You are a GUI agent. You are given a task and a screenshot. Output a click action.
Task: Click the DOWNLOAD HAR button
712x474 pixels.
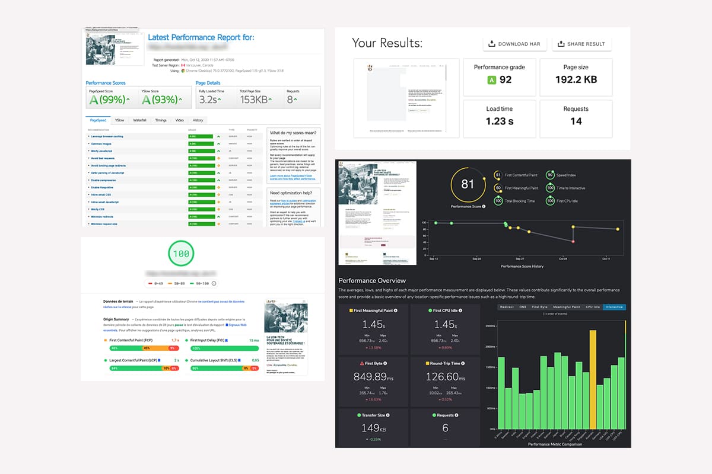pos(514,44)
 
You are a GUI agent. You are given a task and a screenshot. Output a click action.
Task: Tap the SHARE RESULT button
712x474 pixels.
pos(581,44)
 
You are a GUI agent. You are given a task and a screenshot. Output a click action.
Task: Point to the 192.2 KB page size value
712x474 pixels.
pos(576,79)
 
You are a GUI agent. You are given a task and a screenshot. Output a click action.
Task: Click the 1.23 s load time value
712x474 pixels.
pos(499,121)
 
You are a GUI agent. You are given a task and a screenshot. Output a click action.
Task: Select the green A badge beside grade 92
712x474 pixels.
pos(491,80)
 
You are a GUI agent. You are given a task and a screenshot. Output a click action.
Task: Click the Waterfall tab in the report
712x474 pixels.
pos(139,120)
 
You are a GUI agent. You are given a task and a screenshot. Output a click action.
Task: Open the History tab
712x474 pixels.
pos(198,120)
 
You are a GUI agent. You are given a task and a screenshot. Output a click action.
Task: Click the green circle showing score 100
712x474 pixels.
pos(181,254)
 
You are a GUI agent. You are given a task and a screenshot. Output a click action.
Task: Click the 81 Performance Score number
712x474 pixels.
pos(468,184)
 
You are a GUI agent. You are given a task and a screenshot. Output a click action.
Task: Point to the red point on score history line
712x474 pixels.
pos(573,242)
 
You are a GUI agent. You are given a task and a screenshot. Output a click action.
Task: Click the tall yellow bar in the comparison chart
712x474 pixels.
pos(593,379)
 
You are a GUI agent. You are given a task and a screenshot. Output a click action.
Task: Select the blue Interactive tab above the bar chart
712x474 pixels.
pos(614,307)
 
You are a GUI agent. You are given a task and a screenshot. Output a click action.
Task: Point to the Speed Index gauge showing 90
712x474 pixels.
pos(551,175)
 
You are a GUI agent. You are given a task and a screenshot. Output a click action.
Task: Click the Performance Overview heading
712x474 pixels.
pos(372,280)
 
